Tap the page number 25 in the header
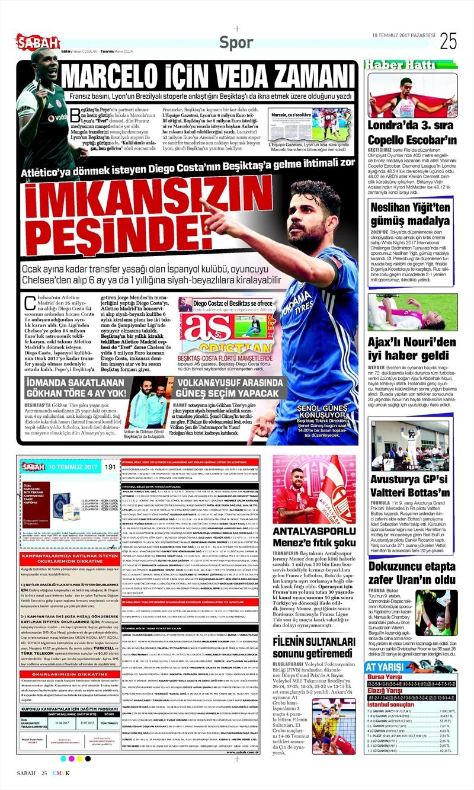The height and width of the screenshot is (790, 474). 448,40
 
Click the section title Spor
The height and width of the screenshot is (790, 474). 236,42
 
